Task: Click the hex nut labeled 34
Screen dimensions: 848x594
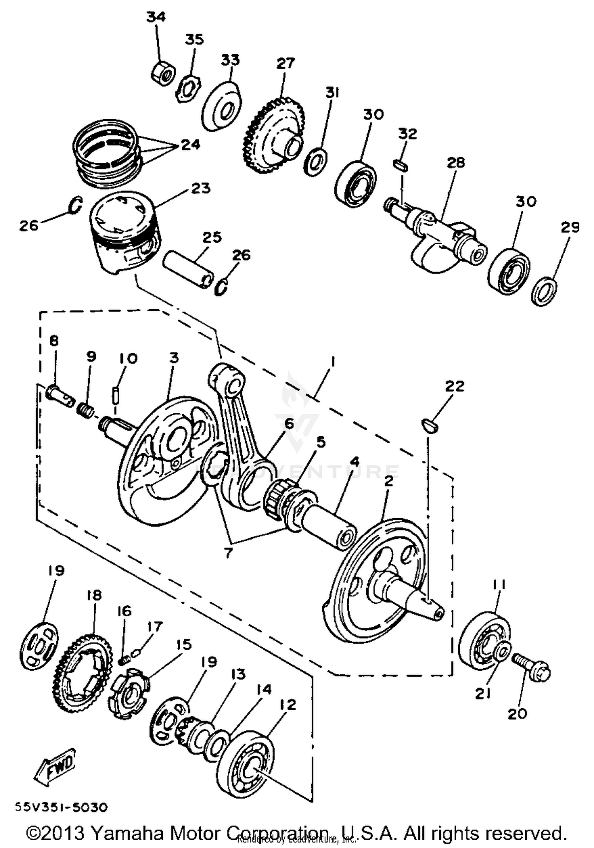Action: tap(163, 72)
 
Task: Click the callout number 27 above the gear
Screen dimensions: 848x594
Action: tap(286, 64)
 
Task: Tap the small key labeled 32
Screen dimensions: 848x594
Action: tap(400, 165)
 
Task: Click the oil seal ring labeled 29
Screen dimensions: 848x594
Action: tap(545, 291)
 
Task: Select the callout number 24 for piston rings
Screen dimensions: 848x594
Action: tap(191, 145)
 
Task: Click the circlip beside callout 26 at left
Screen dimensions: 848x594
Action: tap(76, 205)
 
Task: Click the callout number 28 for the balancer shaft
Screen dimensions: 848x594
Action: tap(455, 162)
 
